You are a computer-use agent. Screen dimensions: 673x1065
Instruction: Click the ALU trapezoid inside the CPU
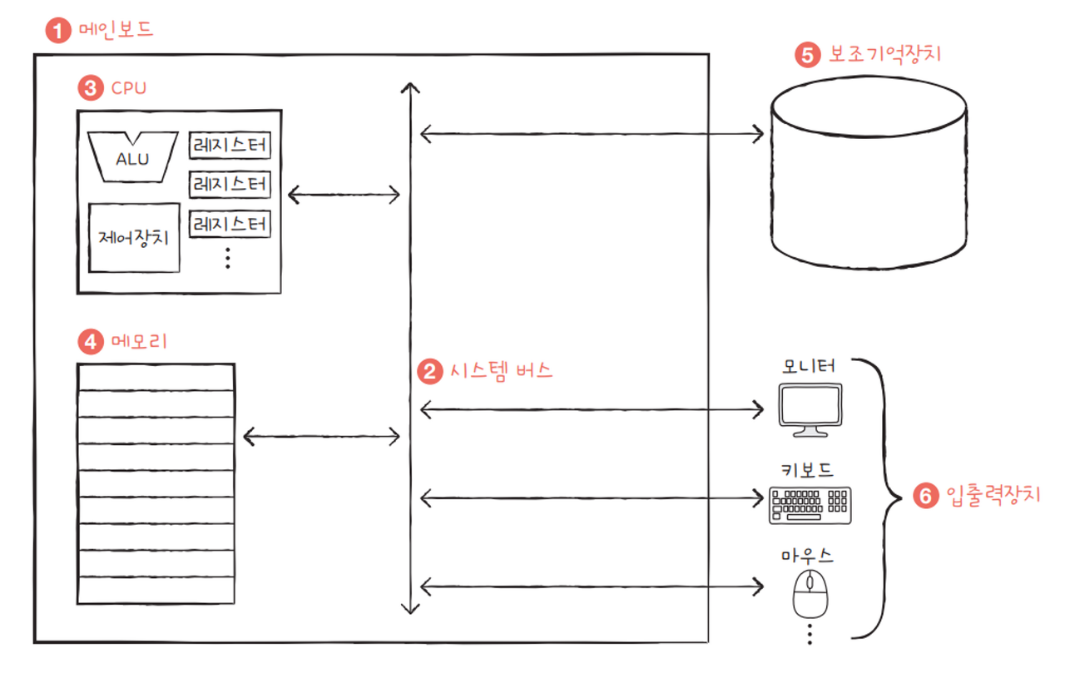click(133, 156)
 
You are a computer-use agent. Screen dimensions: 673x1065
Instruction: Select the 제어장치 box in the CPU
click(134, 238)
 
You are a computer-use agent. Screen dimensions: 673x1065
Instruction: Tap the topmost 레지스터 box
click(230, 146)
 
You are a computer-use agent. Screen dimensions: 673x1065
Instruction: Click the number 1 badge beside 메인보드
click(57, 32)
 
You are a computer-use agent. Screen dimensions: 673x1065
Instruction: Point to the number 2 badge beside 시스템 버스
click(429, 371)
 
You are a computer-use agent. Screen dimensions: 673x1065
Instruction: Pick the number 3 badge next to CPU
click(89, 87)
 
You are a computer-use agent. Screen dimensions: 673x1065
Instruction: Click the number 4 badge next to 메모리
click(89, 341)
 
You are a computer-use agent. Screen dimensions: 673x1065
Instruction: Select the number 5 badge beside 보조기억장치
click(807, 55)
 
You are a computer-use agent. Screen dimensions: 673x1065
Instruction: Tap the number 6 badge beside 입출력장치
click(924, 497)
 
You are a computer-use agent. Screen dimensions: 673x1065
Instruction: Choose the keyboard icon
click(810, 504)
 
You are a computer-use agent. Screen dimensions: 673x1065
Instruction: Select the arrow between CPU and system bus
click(344, 195)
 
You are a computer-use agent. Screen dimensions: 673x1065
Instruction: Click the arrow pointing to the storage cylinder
click(592, 132)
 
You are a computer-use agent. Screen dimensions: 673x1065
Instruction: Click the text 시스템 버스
click(499, 371)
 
